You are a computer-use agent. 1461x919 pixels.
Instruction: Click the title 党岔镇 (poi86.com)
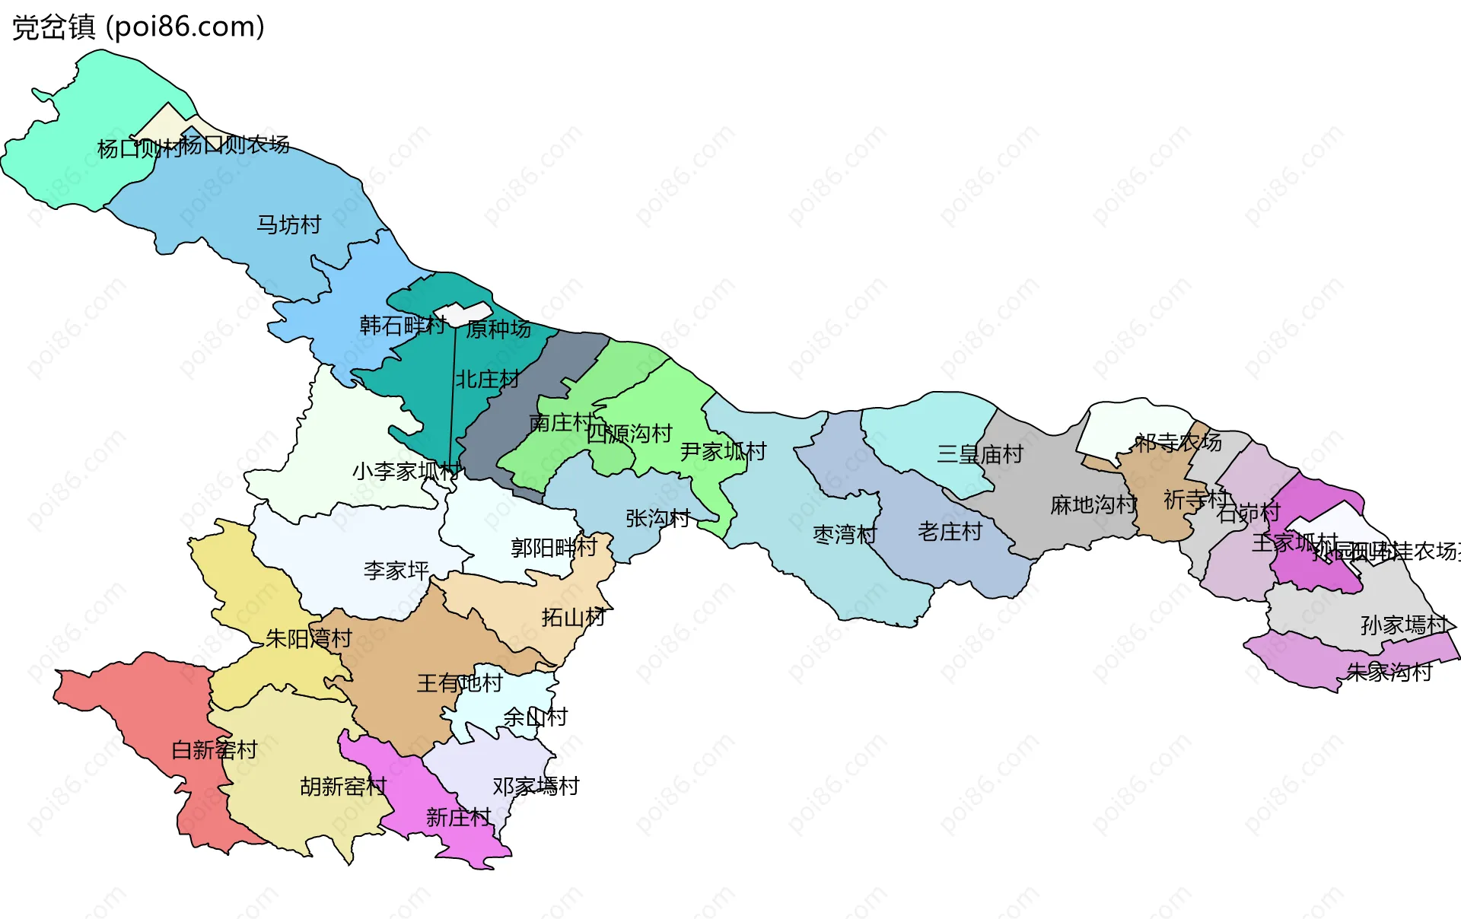pyautogui.click(x=138, y=27)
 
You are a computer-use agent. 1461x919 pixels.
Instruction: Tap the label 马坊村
pyautogui.click(x=288, y=224)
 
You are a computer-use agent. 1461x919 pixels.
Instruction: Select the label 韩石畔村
pyautogui.click(x=403, y=326)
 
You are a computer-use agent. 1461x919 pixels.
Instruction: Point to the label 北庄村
pyautogui.click(x=487, y=379)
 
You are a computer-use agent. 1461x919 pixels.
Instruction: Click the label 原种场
pyautogui.click(x=498, y=329)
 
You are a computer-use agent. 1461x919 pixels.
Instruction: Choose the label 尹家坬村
pyautogui.click(x=723, y=451)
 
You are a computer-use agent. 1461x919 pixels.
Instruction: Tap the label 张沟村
pyautogui.click(x=657, y=518)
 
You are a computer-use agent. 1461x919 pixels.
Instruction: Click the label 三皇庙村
pyautogui.click(x=980, y=454)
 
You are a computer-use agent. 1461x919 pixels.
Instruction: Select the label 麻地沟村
pyautogui.click(x=1093, y=504)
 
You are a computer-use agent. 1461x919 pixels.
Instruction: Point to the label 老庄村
pyautogui.click(x=950, y=531)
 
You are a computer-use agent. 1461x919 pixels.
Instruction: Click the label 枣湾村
pyautogui.click(x=845, y=534)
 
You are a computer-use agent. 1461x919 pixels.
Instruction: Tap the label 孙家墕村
pyautogui.click(x=1404, y=625)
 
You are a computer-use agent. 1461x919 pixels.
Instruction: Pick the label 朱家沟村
pyautogui.click(x=1389, y=672)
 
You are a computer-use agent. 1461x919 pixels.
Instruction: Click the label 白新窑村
pyautogui.click(x=215, y=750)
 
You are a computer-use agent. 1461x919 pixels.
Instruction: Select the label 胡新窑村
pyautogui.click(x=343, y=786)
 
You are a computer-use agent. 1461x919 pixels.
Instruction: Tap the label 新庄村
pyautogui.click(x=458, y=817)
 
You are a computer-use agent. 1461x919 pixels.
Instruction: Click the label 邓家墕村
pyautogui.click(x=536, y=786)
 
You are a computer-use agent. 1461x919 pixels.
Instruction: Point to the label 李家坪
pyautogui.click(x=396, y=570)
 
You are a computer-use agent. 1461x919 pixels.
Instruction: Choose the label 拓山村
pyautogui.click(x=574, y=617)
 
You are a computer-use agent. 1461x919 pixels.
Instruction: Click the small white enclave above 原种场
pyautogui.click(x=463, y=313)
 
